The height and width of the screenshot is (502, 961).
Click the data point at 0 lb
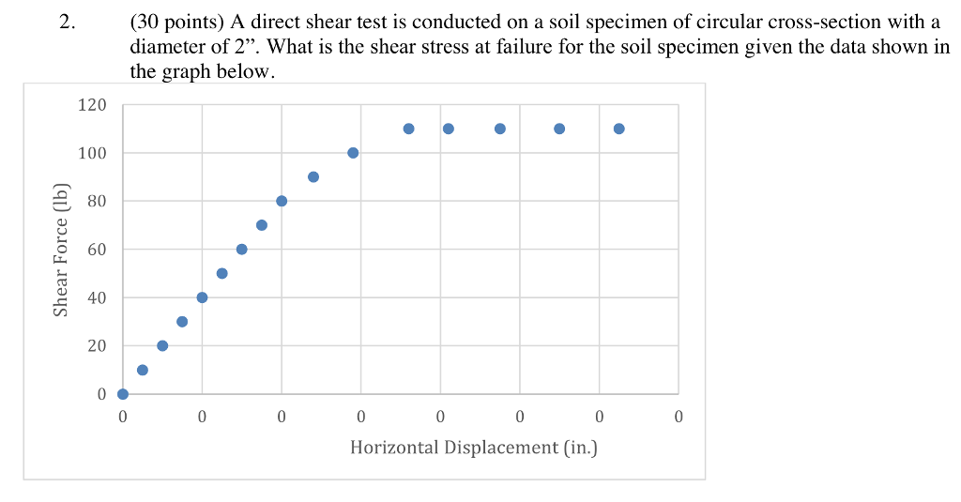point(123,394)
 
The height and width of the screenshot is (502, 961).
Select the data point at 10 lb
point(143,370)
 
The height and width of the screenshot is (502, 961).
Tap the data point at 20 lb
point(162,345)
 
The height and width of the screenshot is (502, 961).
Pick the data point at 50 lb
point(222,273)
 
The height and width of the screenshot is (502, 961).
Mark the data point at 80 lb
point(282,201)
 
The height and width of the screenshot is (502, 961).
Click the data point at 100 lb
point(353,153)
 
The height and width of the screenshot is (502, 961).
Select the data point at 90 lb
point(313,176)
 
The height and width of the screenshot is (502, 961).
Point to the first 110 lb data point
point(409,129)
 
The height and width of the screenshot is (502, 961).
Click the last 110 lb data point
point(619,129)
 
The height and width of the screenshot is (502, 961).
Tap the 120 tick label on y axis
point(93,105)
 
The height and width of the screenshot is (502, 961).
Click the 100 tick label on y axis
point(93,153)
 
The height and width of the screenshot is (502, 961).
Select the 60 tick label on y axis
point(98,250)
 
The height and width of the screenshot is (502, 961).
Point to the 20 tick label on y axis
point(98,346)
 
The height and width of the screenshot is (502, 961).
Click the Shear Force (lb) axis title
point(61,248)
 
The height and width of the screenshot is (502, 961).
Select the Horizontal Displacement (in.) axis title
point(474,448)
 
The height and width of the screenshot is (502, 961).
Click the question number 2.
point(65,23)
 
